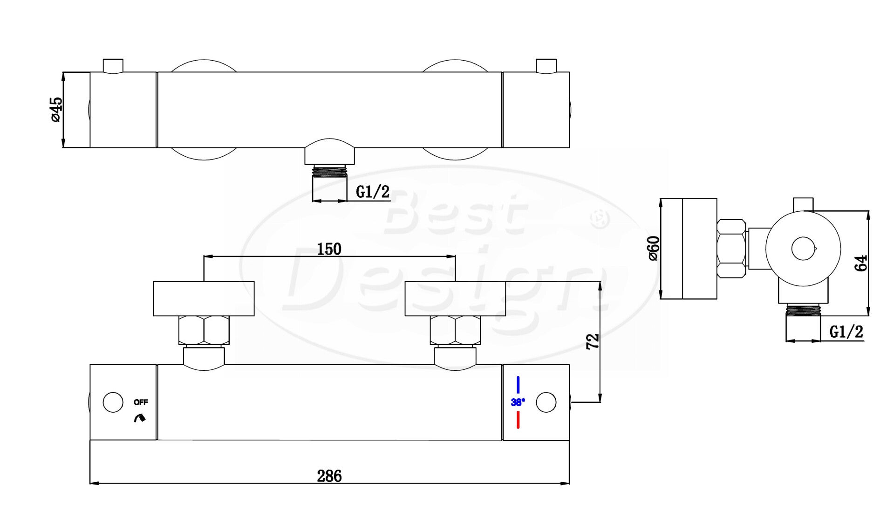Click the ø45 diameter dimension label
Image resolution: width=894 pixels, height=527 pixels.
(x=56, y=110)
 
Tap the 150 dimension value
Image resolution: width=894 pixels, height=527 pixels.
(x=329, y=249)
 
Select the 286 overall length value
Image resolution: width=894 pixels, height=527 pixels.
(x=329, y=476)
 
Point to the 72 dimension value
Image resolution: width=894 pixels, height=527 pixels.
(x=592, y=341)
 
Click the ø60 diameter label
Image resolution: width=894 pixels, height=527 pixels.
(x=654, y=248)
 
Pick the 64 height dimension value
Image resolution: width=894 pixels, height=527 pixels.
(x=861, y=263)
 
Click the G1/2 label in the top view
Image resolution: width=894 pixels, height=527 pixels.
(x=372, y=191)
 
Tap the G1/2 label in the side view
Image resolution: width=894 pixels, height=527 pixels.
(x=846, y=332)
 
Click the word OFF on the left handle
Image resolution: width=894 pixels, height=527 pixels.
(x=141, y=402)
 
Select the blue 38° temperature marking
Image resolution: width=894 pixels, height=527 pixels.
(x=518, y=402)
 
